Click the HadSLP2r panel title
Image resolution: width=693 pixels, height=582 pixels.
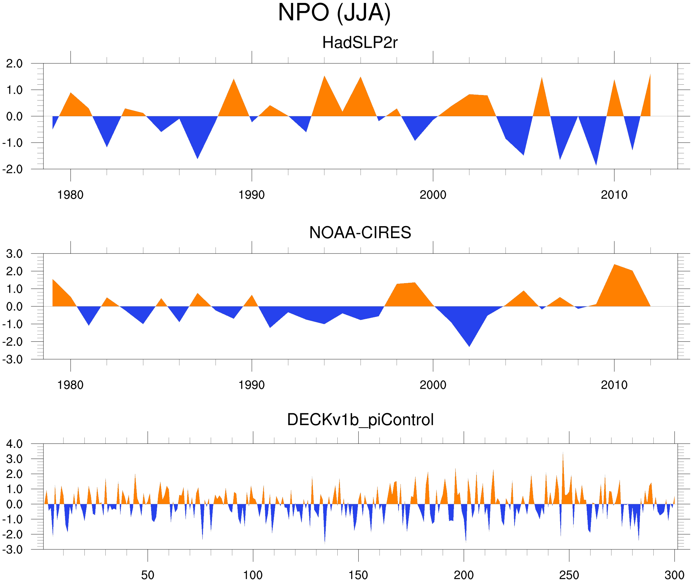pos(360,43)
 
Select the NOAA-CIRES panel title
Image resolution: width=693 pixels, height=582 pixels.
pos(360,233)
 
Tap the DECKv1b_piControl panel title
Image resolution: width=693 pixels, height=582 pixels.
pos(360,420)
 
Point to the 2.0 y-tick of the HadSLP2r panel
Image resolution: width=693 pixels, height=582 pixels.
pos(14,64)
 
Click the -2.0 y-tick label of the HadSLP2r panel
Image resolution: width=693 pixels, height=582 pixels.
pos(13,169)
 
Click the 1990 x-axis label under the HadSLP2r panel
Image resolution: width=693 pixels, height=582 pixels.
pos(252,195)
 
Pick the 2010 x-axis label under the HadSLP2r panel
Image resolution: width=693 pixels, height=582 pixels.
pos(614,195)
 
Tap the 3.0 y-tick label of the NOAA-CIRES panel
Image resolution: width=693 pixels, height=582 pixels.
pos(14,254)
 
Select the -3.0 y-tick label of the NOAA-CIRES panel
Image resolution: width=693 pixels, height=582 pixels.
pos(13,359)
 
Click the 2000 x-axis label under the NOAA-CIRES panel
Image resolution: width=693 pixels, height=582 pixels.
pos(433,385)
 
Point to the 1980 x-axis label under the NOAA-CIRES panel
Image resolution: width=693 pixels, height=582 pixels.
pos(70,385)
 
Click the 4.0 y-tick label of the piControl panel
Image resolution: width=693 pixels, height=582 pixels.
pos(14,444)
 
